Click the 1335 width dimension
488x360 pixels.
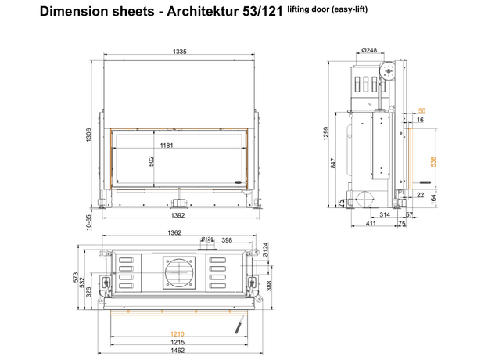point(180,52)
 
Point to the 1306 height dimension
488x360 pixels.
point(88,135)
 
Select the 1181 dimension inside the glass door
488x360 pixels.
point(167,145)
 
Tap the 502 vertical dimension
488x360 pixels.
point(151,161)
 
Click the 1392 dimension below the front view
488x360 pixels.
point(178,215)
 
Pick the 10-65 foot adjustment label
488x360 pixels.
point(89,222)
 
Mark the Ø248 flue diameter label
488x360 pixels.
point(369,50)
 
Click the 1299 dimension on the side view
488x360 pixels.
point(326,133)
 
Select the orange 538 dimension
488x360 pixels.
point(433,162)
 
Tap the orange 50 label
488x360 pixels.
point(422,111)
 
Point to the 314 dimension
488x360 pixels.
point(385,214)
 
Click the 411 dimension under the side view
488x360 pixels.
point(371,223)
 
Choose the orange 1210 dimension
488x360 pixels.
point(178,334)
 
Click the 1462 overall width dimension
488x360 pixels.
point(178,351)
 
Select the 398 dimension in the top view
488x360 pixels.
point(227,240)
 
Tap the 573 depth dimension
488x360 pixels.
point(76,278)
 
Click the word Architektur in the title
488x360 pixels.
point(203,12)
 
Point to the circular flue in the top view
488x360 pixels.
point(179,273)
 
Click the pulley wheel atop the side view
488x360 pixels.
point(388,71)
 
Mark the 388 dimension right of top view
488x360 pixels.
point(269,286)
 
